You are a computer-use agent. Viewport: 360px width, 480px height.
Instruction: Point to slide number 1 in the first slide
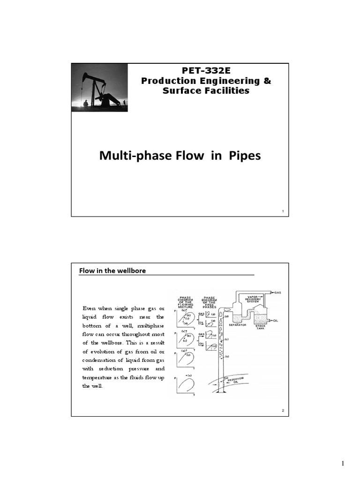pos(283,212)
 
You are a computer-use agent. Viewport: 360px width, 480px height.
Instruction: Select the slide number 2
pos(283,411)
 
